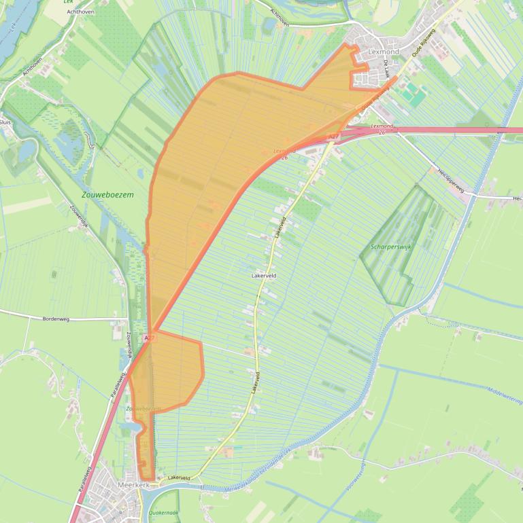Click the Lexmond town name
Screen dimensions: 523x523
[384, 52]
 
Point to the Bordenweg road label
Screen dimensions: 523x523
[56, 319]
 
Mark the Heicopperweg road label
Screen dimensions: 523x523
[451, 180]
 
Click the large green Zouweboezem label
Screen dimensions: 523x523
[107, 194]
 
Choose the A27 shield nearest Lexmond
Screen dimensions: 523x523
[333, 138]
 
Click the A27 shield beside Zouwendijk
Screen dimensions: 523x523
[150, 338]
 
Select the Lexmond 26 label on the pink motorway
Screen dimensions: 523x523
[382, 128]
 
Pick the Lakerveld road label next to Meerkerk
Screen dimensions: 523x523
[178, 478]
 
